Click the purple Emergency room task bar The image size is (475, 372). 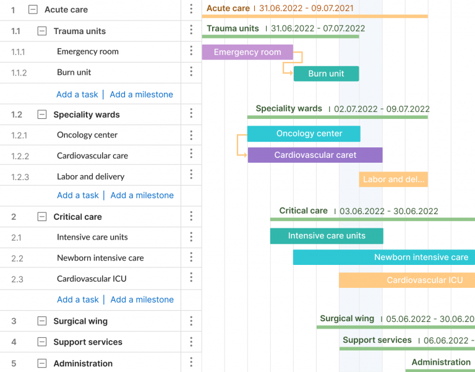coord(247,53)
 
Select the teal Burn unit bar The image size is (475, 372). coord(326,74)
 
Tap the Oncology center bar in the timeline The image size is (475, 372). coord(304,134)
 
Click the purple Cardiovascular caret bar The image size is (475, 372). coord(315,155)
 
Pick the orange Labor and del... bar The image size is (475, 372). coord(393,180)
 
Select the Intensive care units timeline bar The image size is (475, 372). coord(327,236)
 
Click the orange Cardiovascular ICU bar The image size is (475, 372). coord(407,280)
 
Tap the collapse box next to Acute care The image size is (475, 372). coord(33,10)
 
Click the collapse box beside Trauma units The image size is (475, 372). coord(42,31)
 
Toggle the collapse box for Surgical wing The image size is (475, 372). coord(42,321)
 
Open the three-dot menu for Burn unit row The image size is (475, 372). coord(191,71)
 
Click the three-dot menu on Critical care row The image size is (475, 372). coord(191,216)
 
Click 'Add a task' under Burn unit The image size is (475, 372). coord(77,95)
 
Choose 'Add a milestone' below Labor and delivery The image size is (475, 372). coord(142,196)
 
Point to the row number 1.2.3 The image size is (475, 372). coord(20,177)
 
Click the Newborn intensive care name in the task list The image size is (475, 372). coord(100,258)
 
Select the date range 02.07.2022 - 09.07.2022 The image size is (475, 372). coord(382,109)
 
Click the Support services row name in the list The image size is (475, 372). coord(88,342)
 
